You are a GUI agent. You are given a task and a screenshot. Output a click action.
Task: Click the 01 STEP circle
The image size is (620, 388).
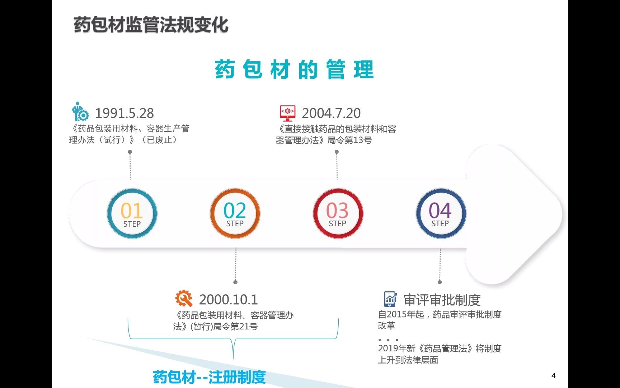[132, 214]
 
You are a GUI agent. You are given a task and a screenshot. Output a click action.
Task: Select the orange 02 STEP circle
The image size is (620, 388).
[235, 214]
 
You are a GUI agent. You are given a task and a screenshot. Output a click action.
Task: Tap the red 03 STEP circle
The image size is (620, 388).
[338, 214]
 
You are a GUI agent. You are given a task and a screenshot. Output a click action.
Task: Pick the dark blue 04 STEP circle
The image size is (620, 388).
[441, 214]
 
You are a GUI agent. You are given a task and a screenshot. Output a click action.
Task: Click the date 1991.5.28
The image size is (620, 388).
[124, 113]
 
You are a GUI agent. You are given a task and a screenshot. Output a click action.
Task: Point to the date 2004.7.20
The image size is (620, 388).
[331, 113]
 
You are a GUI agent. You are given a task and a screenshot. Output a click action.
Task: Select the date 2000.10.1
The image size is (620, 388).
[228, 299]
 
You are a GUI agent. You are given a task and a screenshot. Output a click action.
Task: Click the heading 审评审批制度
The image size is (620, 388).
[442, 300]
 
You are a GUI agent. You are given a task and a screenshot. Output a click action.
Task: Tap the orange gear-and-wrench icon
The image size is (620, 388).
[184, 298]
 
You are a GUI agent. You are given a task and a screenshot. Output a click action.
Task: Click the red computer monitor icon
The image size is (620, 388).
[287, 113]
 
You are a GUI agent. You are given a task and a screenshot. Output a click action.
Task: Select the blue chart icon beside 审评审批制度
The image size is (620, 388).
[390, 299]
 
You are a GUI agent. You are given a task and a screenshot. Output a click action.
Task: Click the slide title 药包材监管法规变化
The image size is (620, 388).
[151, 25]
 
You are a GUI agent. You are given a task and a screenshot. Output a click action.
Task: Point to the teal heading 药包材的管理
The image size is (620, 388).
[294, 70]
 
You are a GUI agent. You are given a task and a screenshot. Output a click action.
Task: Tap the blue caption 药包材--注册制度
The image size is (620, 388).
[209, 377]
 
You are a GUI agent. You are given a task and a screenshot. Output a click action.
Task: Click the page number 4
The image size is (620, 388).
[553, 376]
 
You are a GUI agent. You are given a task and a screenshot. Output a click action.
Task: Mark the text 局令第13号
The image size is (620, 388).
[349, 140]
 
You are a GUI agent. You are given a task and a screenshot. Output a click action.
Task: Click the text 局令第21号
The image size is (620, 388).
[235, 327]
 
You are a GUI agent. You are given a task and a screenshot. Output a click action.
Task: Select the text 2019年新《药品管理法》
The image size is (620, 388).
[426, 348]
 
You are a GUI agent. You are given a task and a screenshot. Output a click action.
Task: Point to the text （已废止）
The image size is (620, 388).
[159, 140]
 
